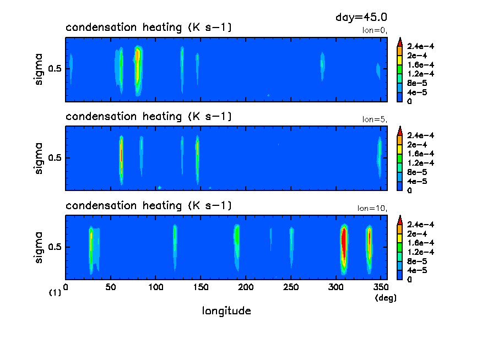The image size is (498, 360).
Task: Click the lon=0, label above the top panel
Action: pyautogui.click(x=375, y=31)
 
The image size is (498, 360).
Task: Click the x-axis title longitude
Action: pyautogui.click(x=226, y=311)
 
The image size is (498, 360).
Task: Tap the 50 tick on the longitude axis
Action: pyautogui.click(x=111, y=287)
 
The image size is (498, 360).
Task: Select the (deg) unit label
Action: pyautogui.click(x=385, y=298)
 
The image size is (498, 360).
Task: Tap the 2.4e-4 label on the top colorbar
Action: pyautogui.click(x=420, y=46)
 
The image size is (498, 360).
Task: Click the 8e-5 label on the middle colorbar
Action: pyautogui.click(x=416, y=172)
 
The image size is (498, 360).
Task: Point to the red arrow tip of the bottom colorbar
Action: pyautogui.click(x=400, y=219)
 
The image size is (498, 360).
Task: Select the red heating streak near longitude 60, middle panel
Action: pyautogui.click(x=121, y=157)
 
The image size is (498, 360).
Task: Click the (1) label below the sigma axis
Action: pyautogui.click(x=55, y=293)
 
